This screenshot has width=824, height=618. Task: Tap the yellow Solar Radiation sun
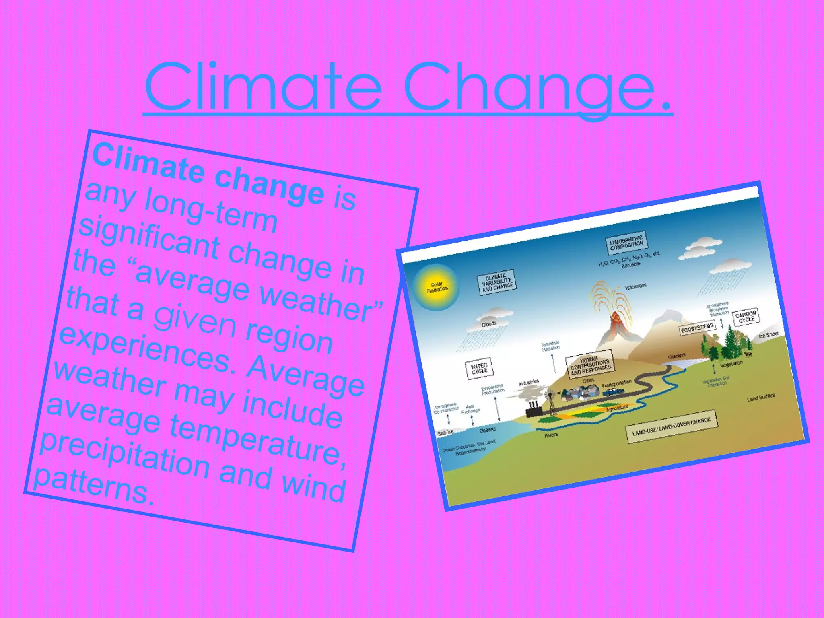coord(437,287)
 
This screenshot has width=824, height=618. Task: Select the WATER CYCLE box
coord(479,368)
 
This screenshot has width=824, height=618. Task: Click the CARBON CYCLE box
coord(746,317)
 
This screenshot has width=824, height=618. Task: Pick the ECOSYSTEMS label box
coord(697,328)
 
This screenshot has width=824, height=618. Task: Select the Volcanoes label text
coord(636,286)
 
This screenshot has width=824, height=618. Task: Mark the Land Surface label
coord(761,398)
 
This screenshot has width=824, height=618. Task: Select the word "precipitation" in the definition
coord(125,457)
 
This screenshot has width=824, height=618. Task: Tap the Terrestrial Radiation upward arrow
coord(554,362)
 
